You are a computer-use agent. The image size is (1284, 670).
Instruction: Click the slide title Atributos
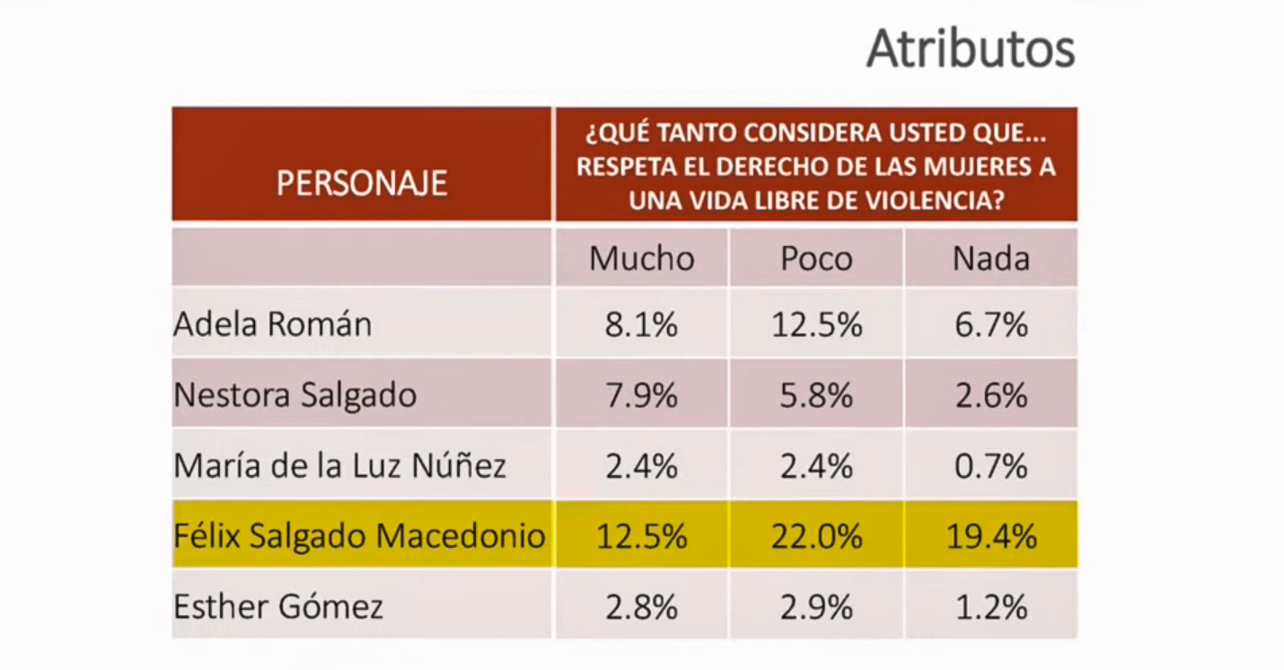tap(971, 50)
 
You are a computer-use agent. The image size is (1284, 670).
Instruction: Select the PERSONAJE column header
tap(362, 182)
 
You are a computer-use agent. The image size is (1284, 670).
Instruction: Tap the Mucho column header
tap(642, 259)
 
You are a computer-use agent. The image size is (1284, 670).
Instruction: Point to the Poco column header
tap(816, 259)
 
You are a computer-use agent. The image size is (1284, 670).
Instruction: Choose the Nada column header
tap(991, 259)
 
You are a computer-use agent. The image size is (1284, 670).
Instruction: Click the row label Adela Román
tap(272, 324)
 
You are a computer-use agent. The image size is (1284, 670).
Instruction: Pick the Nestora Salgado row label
tap(295, 395)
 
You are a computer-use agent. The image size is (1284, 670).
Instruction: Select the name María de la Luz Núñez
tap(340, 466)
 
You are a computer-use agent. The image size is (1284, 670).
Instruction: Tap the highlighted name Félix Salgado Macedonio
tap(359, 536)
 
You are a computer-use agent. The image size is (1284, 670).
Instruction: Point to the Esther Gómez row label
tap(278, 607)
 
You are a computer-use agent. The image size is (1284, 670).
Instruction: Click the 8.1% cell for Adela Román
tap(642, 324)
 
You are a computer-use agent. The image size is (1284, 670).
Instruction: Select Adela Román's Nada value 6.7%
tap(991, 324)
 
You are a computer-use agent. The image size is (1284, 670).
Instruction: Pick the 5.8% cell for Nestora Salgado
tap(816, 395)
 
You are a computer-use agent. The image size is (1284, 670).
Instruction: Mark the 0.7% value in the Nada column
tap(991, 466)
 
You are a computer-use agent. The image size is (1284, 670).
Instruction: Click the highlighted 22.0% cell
tap(816, 537)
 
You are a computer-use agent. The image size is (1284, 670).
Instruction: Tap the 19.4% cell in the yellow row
tap(991, 537)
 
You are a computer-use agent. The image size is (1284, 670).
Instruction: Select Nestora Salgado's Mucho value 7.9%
tap(642, 395)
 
